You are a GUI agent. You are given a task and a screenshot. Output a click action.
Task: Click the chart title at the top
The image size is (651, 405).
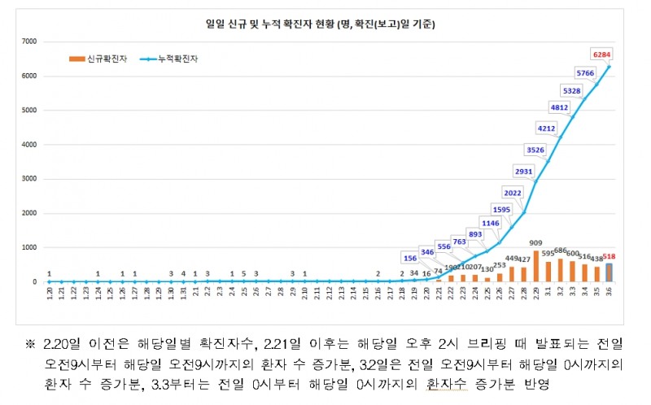(320, 24)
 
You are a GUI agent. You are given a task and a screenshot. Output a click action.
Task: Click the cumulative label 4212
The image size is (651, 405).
(545, 128)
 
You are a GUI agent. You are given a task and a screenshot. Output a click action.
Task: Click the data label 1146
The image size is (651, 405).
(489, 223)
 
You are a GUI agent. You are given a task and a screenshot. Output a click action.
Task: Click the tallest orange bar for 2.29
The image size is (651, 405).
(536, 266)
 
